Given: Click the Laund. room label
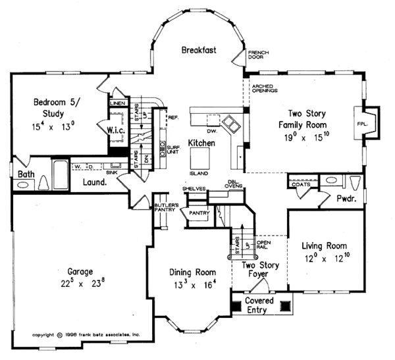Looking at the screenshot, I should click(x=94, y=182).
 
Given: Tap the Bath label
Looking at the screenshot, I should click(x=26, y=174).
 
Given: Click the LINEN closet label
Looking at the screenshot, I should click(x=117, y=103).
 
